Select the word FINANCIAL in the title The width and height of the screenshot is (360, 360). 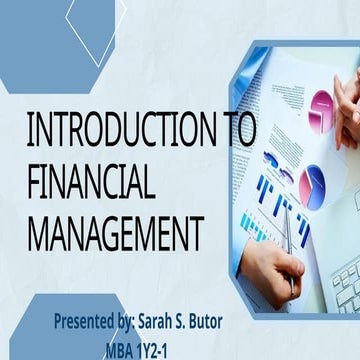coord(90,183)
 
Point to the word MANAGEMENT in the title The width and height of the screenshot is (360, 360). coord(115,230)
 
